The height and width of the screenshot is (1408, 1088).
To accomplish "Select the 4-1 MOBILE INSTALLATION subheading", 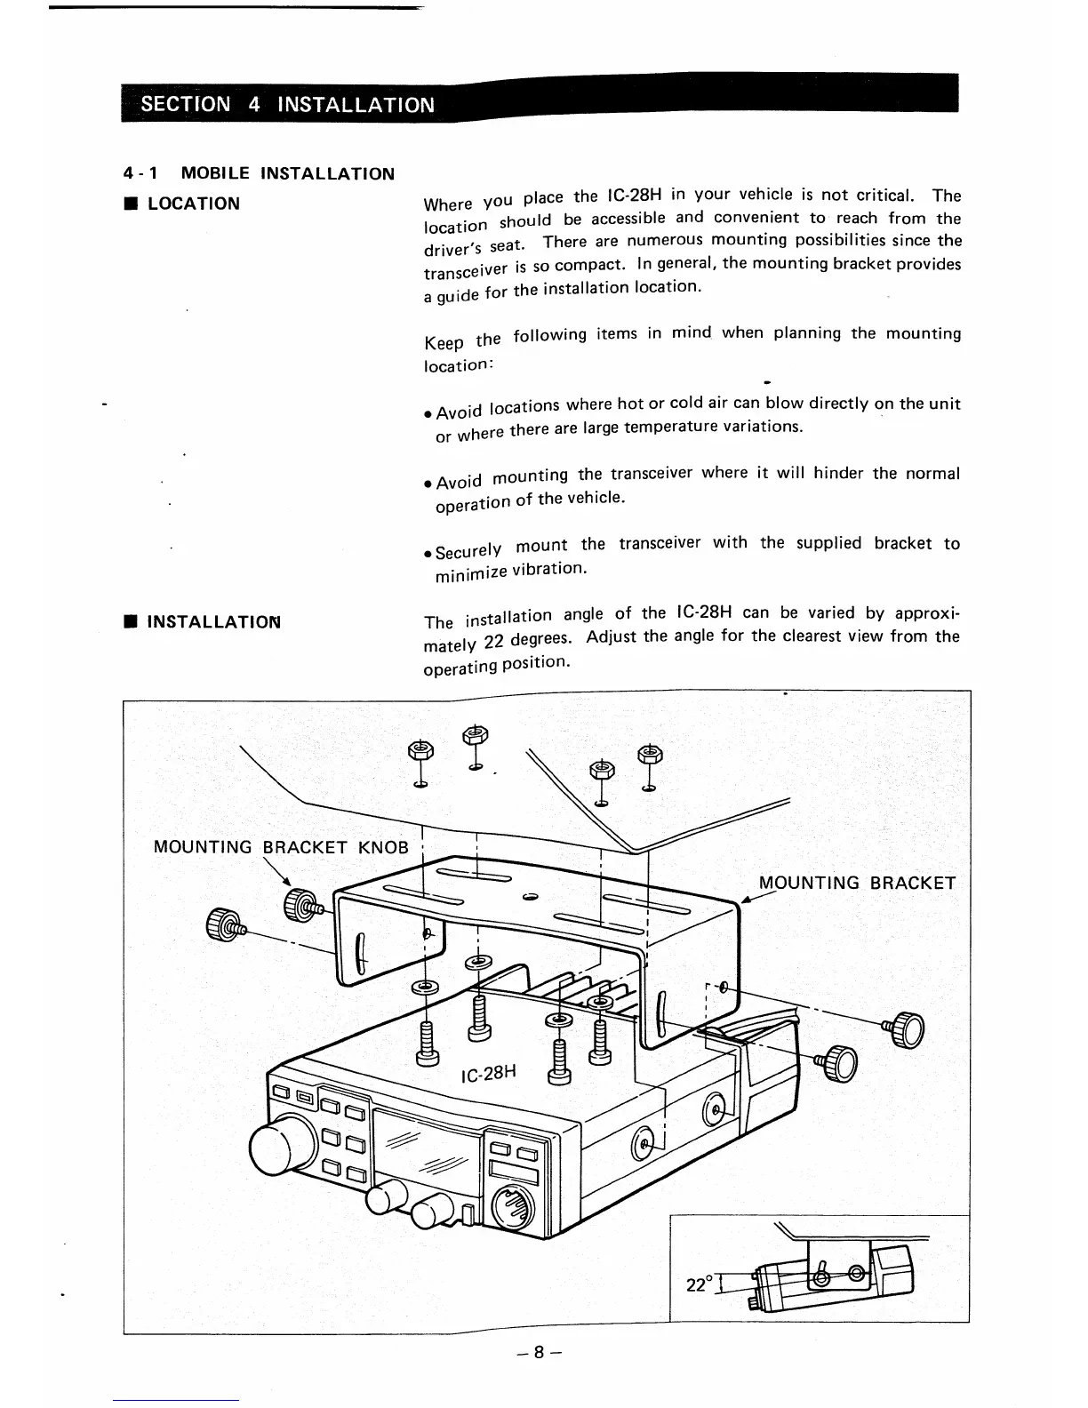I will pos(259,173).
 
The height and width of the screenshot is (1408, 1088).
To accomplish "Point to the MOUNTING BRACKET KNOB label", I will pos(281,847).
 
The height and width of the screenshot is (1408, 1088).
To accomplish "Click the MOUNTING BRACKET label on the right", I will pos(857,883).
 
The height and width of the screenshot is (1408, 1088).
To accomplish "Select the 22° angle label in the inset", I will pos(699,1284).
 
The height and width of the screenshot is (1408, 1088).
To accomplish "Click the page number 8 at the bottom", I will pos(539,1352).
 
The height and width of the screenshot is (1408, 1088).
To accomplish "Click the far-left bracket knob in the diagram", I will pos(221,924).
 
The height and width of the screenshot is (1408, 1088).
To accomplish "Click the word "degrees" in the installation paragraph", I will pos(532,638).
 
